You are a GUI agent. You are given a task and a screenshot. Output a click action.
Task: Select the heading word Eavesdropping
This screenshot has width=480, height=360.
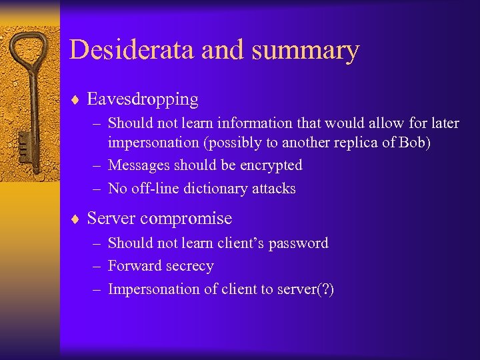point(143,100)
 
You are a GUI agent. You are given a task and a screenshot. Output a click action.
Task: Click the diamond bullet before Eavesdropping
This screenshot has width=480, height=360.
point(75,100)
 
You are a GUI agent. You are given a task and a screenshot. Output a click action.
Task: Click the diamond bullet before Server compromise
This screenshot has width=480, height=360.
point(75,219)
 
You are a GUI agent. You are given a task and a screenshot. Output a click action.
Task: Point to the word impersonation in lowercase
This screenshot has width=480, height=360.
point(153,143)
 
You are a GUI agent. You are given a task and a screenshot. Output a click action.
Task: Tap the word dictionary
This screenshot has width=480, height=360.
point(217,189)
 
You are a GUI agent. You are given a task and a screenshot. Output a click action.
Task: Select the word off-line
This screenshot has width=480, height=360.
point(153,189)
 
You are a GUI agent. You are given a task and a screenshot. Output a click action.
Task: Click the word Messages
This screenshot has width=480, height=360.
point(138,165)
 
